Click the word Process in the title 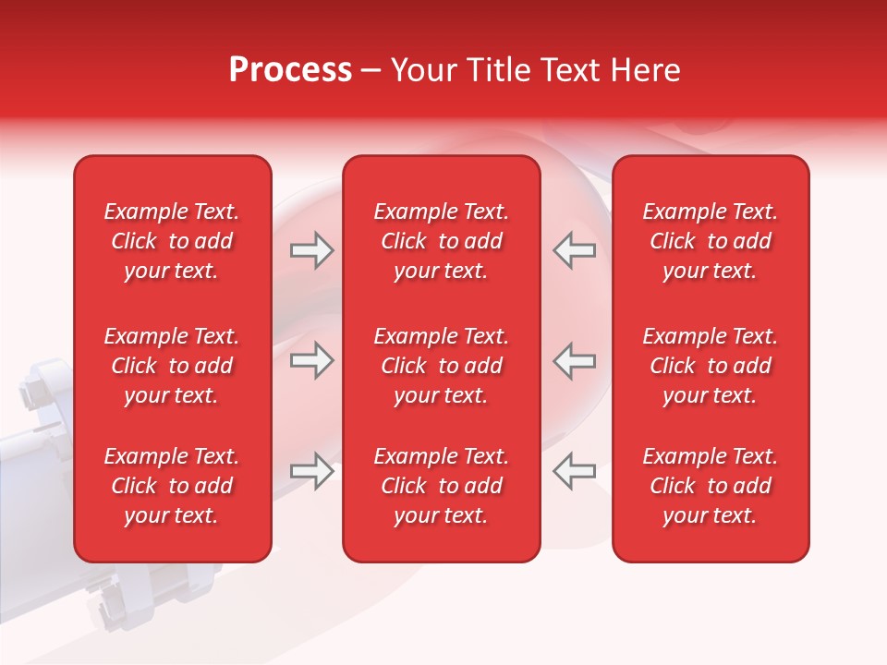pos(290,70)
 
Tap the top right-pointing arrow pos(311,250)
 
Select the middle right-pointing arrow pos(311,360)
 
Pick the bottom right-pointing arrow pos(311,471)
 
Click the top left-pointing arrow pos(574,250)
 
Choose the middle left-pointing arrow pos(574,360)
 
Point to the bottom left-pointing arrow pos(574,471)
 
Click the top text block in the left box pos(172,241)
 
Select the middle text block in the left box pos(172,366)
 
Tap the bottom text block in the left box pos(172,486)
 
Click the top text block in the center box pos(441,241)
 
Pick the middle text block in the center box pos(441,366)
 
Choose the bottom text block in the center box pos(441,486)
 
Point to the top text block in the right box pos(710,241)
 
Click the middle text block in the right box pos(710,366)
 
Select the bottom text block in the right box pos(710,486)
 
